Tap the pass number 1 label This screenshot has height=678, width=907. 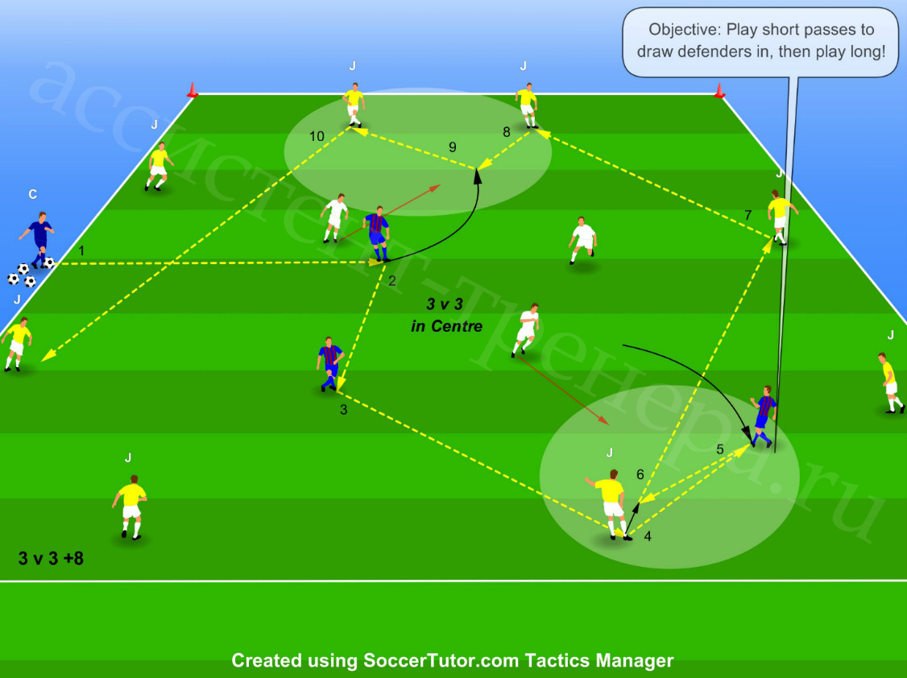[x=81, y=251]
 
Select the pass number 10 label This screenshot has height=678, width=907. [x=317, y=136]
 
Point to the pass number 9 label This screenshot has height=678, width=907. [x=453, y=147]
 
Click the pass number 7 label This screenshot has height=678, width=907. [x=748, y=216]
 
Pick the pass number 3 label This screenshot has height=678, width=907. [x=344, y=410]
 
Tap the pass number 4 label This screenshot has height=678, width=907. [x=648, y=536]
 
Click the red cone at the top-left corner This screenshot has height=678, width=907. [x=192, y=90]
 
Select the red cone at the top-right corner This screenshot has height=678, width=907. [x=719, y=91]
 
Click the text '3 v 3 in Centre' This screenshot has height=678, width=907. [x=446, y=315]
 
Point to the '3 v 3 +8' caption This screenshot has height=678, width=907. [x=51, y=558]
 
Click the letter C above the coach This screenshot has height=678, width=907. [x=33, y=194]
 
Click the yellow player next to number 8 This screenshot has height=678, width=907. [x=527, y=105]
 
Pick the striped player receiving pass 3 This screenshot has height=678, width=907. [x=330, y=365]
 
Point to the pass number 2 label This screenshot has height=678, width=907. [x=392, y=281]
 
